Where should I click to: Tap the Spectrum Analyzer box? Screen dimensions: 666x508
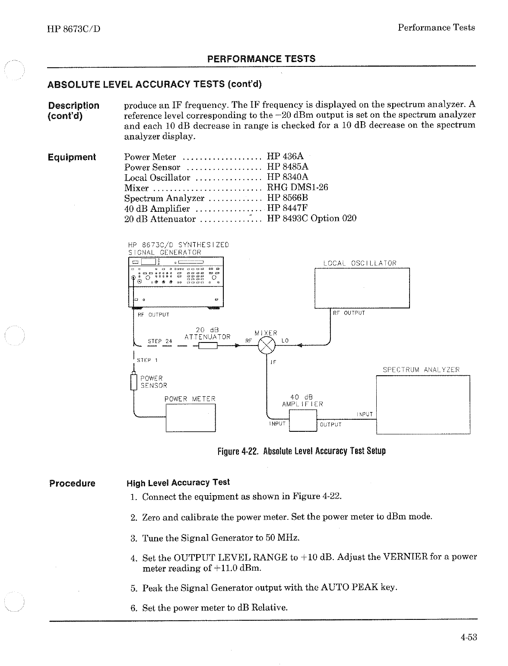tap(423, 404)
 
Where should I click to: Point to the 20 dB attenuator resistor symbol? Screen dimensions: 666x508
tap(207, 345)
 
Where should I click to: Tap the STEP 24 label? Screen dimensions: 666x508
tap(160, 341)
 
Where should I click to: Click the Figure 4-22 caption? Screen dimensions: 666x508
tap(302, 451)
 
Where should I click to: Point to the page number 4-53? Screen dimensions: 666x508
tap(468, 637)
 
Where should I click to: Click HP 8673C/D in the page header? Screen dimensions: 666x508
tap(73, 29)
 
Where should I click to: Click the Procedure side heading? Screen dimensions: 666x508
tap(72, 483)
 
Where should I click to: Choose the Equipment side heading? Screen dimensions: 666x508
tap(72, 157)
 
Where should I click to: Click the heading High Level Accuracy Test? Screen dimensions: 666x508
tap(178, 483)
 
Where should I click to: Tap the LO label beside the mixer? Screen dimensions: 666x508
tap(285, 341)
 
